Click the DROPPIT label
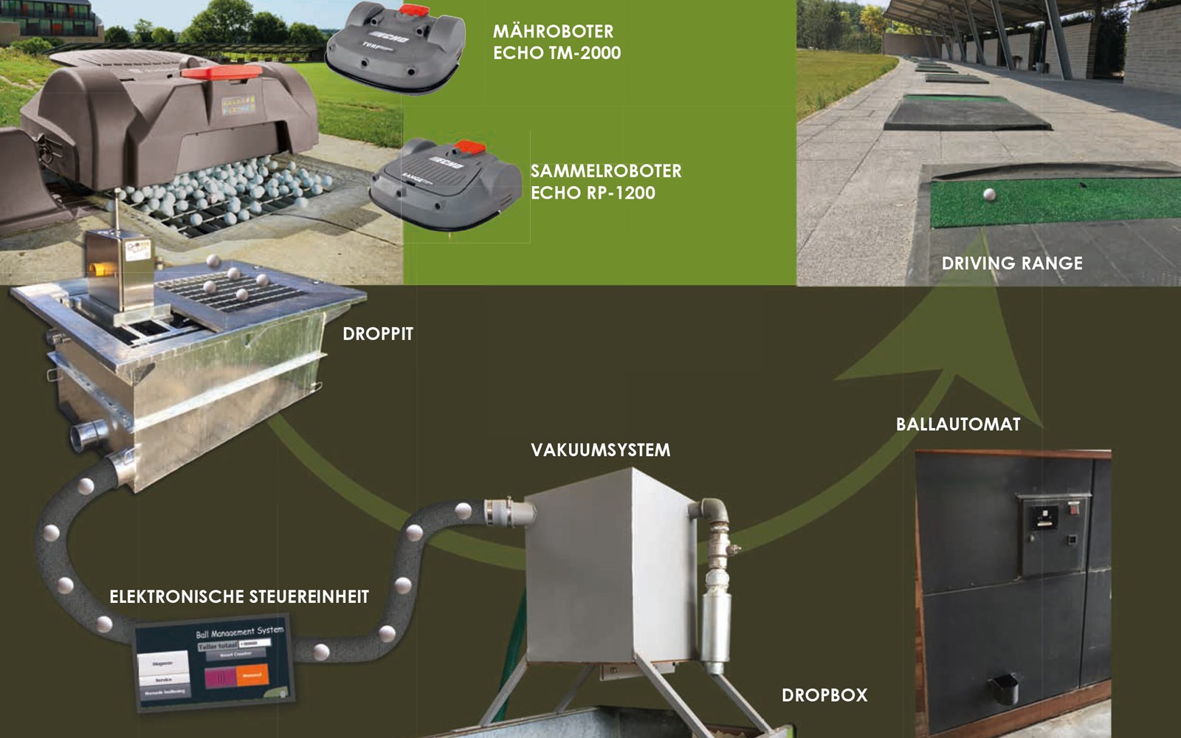tap(377, 334)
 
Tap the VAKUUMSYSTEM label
tap(600, 449)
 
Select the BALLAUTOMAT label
tap(957, 424)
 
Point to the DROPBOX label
tap(824, 694)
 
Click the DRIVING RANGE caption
tap(1011, 263)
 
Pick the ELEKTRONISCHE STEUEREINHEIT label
tap(238, 596)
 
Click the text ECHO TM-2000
tap(557, 53)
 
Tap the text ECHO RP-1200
tap(593, 193)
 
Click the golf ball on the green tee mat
tap(989, 195)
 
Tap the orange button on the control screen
tap(252, 675)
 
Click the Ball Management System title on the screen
tap(239, 632)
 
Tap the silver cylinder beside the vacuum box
tap(714, 627)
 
